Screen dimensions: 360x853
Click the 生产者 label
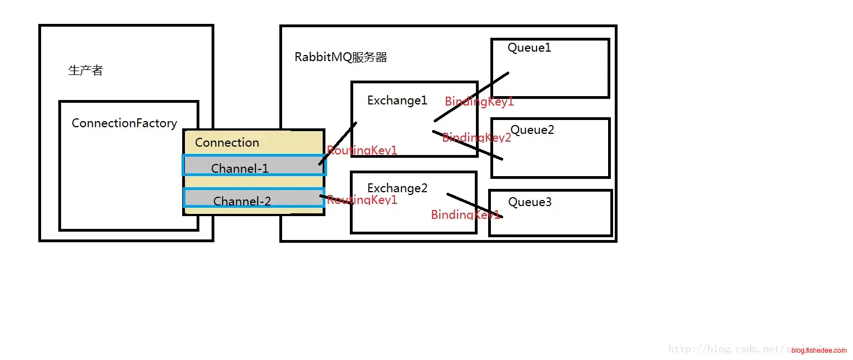(86, 71)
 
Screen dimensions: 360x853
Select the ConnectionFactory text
(124, 123)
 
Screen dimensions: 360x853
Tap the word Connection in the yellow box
(227, 143)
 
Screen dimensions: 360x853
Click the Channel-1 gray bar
(254, 166)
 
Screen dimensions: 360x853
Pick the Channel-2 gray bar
(254, 198)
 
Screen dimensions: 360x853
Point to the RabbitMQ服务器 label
(341, 57)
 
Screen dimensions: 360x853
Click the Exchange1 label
(398, 101)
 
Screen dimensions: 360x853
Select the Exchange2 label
(398, 188)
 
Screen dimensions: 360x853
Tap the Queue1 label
(529, 48)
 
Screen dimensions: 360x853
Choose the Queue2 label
(533, 130)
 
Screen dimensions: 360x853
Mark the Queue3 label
(530, 202)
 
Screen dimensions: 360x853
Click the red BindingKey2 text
(476, 138)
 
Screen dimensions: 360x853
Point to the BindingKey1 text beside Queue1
(479, 102)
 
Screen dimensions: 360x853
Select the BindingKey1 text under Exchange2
(465, 214)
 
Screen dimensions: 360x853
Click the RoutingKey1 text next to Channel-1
(362, 150)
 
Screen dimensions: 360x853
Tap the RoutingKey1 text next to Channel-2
(362, 200)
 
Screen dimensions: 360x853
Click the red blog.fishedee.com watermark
(819, 351)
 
